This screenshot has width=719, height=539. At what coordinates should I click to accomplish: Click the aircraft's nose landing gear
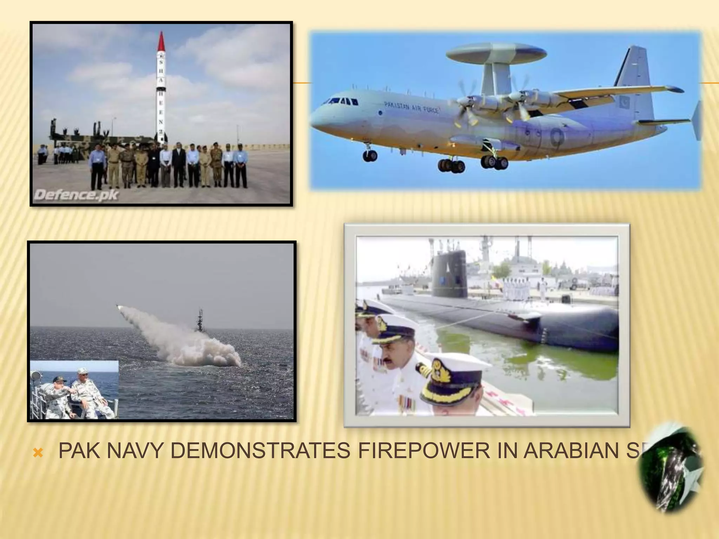[x=370, y=155]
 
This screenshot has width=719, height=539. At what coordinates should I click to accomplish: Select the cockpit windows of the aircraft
[x=344, y=101]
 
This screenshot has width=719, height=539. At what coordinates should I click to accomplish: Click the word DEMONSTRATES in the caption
[x=260, y=451]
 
